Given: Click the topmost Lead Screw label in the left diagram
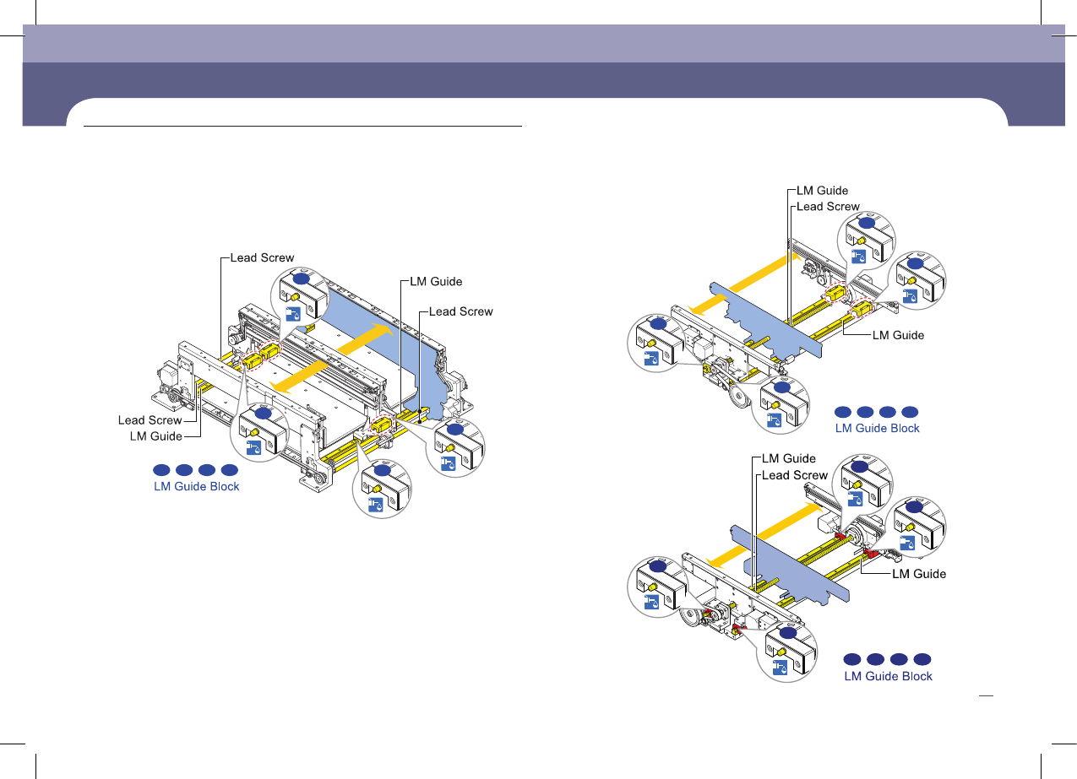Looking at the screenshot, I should pos(263,258).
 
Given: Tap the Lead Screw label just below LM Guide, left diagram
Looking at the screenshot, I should pos(460,311).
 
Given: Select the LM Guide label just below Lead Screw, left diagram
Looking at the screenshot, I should pos(156,436).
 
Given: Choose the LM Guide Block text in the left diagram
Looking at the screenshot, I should pos(196,486).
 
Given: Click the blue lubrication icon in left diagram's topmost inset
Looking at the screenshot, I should pos(295,316).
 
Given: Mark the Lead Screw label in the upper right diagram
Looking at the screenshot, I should pos(829,207).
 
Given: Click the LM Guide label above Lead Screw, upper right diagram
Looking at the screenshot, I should pos(823,191).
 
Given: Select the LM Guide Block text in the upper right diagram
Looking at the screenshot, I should pos(877,428).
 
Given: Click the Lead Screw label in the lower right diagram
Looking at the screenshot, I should pos(795,475).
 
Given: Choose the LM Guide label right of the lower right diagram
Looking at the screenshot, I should pos(920,574).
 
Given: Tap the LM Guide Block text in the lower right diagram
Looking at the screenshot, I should pos(888,676).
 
